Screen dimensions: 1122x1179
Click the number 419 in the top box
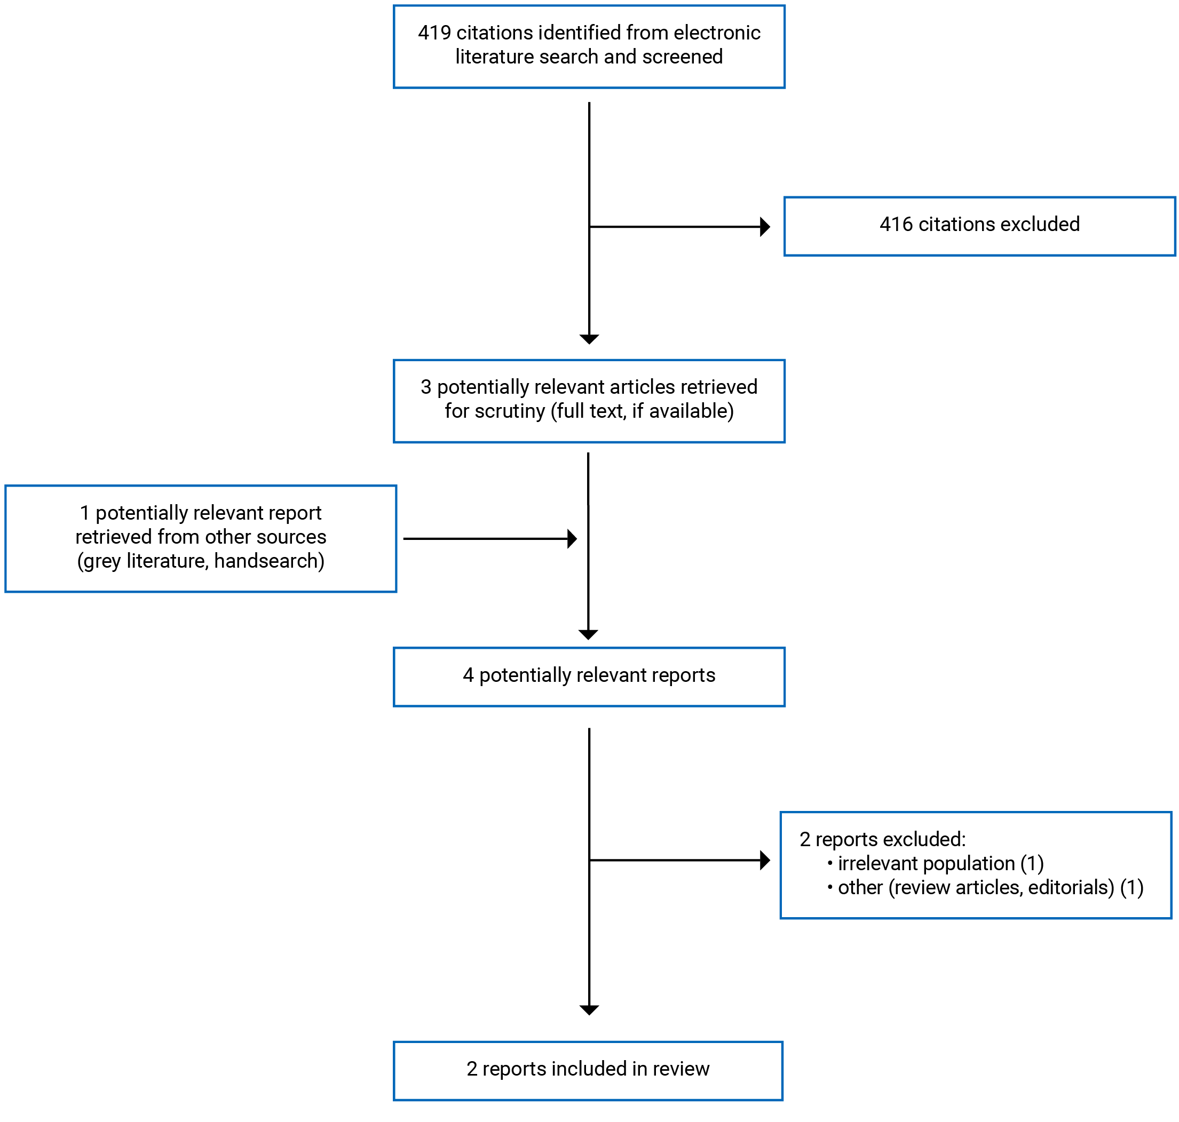click(x=434, y=33)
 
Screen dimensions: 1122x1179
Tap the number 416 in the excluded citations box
click(x=896, y=224)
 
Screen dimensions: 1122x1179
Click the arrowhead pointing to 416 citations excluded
click(x=764, y=227)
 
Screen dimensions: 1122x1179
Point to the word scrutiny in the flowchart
click(x=510, y=411)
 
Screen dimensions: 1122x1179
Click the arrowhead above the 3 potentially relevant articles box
click(x=589, y=339)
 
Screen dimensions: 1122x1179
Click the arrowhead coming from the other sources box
click(x=572, y=539)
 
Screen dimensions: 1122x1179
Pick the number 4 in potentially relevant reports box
click(x=468, y=675)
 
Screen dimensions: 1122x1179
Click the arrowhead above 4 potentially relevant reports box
click(x=589, y=634)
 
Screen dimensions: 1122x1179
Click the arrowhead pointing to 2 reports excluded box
click(x=764, y=861)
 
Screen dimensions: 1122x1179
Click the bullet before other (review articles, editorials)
click(x=829, y=887)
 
